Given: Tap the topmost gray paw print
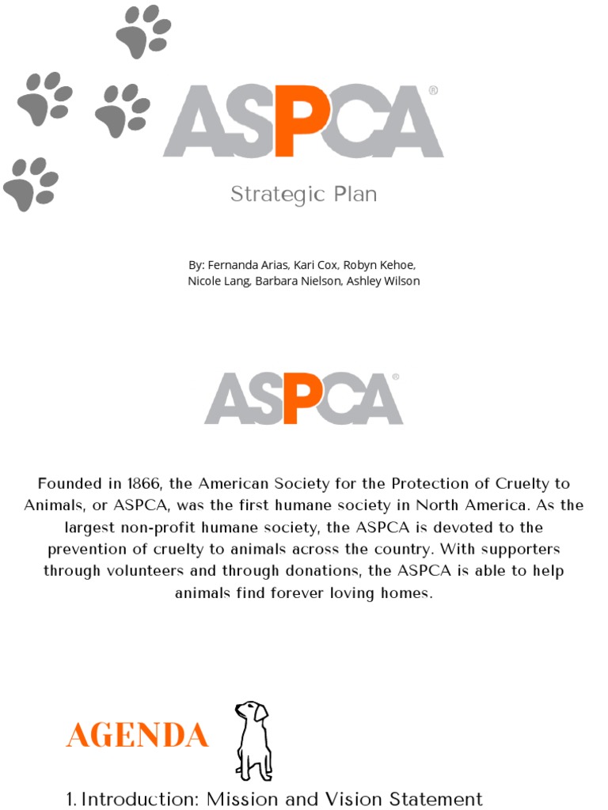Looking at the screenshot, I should (142, 32).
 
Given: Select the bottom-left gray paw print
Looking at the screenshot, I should (30, 184).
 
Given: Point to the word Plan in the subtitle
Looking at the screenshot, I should (355, 195).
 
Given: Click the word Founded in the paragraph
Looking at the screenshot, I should (70, 483).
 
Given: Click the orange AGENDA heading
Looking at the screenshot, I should (138, 736).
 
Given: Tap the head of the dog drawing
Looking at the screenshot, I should (252, 711).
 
